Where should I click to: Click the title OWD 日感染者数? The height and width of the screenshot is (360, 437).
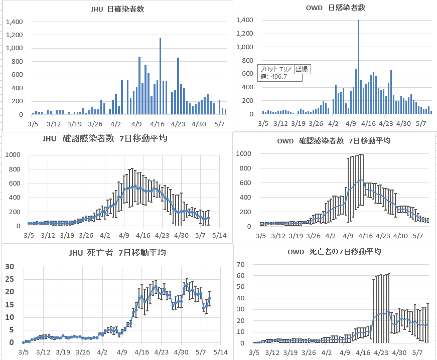tap(335, 8)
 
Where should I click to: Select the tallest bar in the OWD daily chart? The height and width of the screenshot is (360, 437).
tap(358, 68)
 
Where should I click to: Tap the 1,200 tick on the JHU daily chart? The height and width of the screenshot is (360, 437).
tap(14, 35)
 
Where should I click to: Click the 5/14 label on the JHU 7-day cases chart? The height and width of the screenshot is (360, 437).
tap(219, 235)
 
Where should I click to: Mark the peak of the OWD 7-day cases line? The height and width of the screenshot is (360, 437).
tap(361, 180)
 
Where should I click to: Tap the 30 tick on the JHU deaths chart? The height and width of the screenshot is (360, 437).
tap(9, 266)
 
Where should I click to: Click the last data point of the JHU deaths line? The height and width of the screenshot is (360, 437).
tap(210, 298)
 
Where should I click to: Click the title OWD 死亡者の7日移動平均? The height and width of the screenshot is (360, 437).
tap(334, 251)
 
